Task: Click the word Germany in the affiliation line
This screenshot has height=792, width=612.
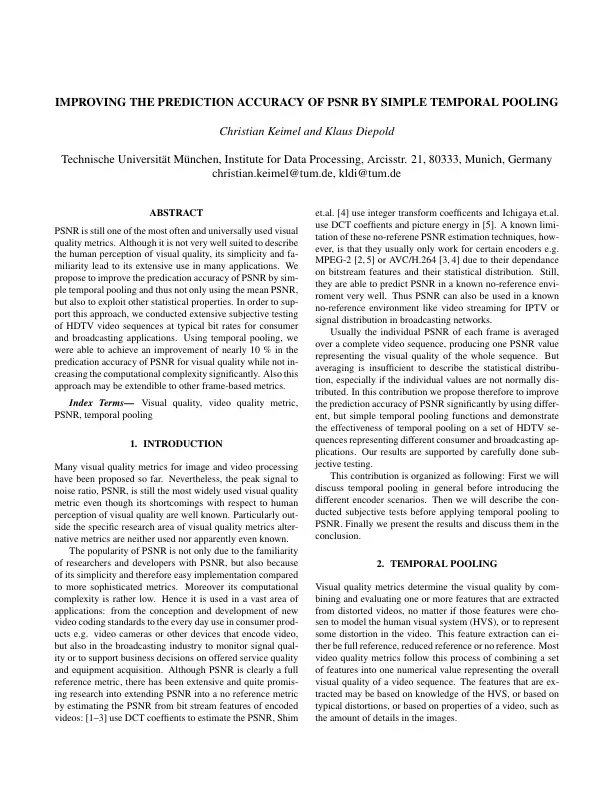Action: pos(525,158)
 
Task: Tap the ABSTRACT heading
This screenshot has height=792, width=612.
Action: pos(175,213)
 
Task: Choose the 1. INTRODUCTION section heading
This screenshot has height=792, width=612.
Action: pos(175,443)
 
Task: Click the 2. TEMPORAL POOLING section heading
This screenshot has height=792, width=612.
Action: pos(436,565)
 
